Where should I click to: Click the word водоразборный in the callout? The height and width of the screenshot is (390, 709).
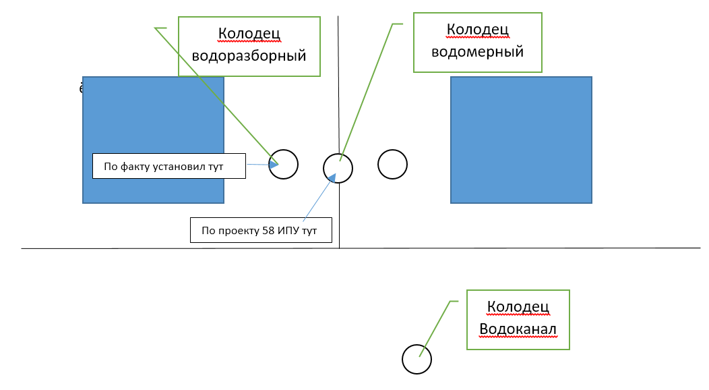[x=249, y=55]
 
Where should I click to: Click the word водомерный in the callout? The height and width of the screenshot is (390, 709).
[x=477, y=51]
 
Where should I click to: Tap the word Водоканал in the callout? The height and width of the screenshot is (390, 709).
[x=518, y=329]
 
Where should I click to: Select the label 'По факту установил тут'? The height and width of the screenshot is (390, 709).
[x=168, y=165]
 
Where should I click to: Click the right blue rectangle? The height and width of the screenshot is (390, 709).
[x=521, y=140]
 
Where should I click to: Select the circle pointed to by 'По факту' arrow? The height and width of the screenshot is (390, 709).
[x=284, y=164]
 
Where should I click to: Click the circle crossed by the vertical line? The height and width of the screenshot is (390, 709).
[x=338, y=168]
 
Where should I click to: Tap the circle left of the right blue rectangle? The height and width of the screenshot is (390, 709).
[x=392, y=164]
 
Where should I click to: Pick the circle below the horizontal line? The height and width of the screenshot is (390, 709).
[x=417, y=359]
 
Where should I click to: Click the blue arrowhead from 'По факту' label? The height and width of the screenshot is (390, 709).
[x=274, y=164]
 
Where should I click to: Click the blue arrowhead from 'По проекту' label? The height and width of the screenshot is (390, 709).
[x=332, y=177]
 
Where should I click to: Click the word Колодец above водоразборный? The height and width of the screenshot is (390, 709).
[x=249, y=34]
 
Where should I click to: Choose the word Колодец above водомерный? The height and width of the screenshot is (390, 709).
[x=477, y=30]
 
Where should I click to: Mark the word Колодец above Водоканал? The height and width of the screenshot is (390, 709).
[x=518, y=307]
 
